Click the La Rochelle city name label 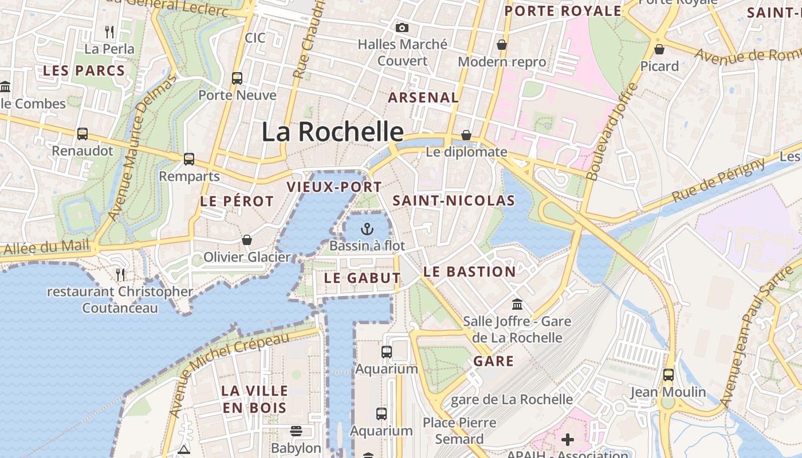click(x=333, y=132)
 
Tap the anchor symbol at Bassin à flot click(x=367, y=230)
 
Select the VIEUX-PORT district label click(x=334, y=187)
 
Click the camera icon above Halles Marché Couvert click(x=402, y=27)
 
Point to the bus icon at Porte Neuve click(x=237, y=78)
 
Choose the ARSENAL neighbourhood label click(x=423, y=98)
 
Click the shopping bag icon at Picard click(x=659, y=49)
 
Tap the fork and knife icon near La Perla click(x=109, y=32)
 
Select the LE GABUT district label click(x=362, y=278)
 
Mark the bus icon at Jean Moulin click(x=668, y=375)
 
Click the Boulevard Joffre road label click(x=612, y=132)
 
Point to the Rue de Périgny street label click(x=718, y=180)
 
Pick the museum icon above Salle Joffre click(x=517, y=304)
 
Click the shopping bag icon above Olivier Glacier click(x=247, y=240)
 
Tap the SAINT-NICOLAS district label click(x=454, y=200)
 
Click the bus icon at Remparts click(x=189, y=159)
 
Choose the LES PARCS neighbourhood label click(x=84, y=71)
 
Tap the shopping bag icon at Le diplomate click(x=466, y=135)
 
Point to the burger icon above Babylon click(x=296, y=431)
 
